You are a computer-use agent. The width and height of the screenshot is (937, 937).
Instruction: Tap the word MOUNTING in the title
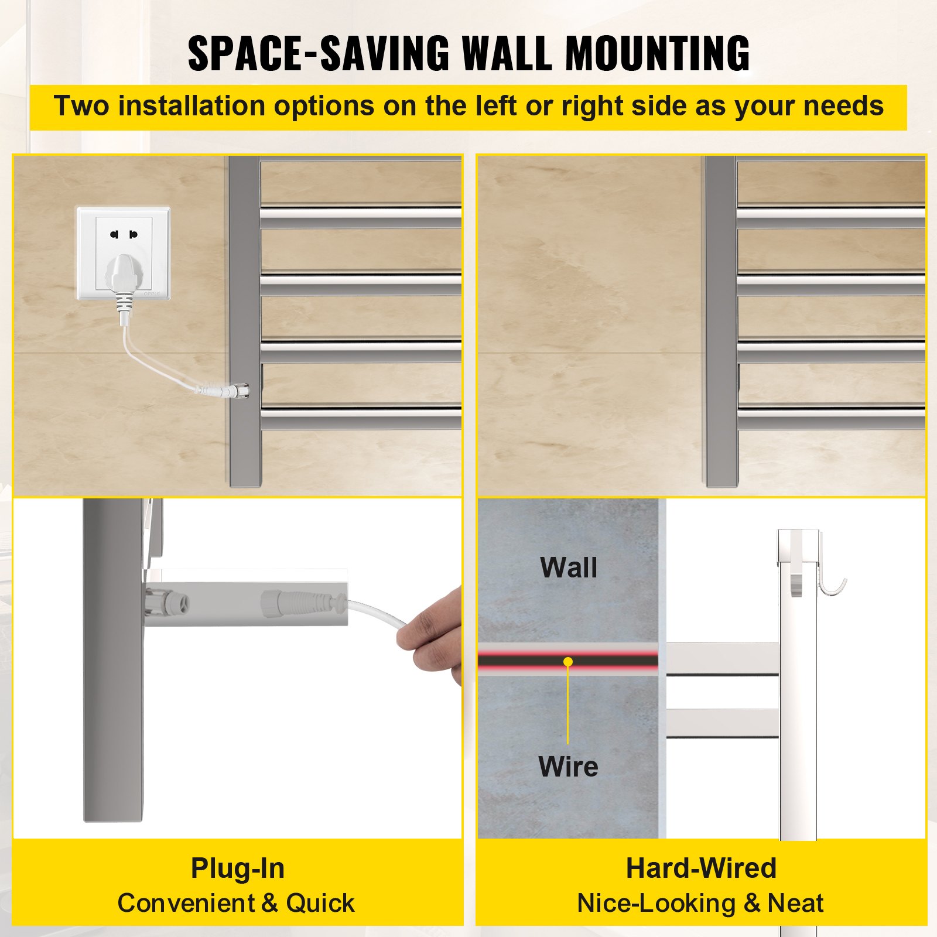pyautogui.click(x=657, y=53)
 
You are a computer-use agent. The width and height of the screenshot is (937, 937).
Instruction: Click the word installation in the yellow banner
pyautogui.click(x=192, y=106)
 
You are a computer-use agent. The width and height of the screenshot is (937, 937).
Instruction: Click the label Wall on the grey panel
pyautogui.click(x=569, y=567)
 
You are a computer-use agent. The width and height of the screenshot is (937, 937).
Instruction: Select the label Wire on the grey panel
pyautogui.click(x=568, y=766)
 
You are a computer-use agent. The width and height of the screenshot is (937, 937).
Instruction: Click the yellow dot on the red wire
pyautogui.click(x=568, y=662)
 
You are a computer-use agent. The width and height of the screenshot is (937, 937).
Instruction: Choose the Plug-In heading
pyautogui.click(x=238, y=868)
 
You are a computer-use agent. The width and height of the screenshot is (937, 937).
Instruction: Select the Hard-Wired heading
pyautogui.click(x=701, y=868)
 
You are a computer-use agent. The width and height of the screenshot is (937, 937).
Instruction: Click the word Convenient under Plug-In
pyautogui.click(x=185, y=903)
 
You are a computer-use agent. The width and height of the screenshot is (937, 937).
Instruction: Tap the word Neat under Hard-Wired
pyautogui.click(x=795, y=903)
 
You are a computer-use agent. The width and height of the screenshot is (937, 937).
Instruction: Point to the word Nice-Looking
pyautogui.click(x=656, y=904)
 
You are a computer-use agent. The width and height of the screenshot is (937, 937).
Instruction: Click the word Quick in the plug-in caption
pyautogui.click(x=320, y=903)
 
